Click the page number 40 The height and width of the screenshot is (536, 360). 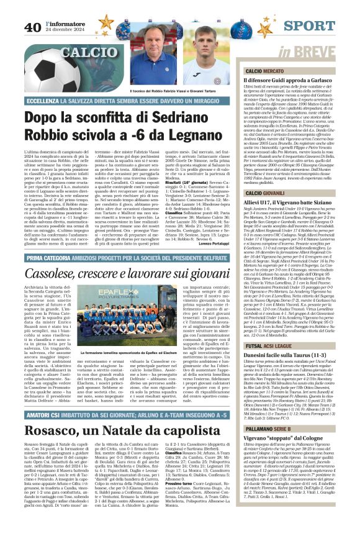click(33, 27)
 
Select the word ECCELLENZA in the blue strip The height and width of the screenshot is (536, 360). click(43, 100)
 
